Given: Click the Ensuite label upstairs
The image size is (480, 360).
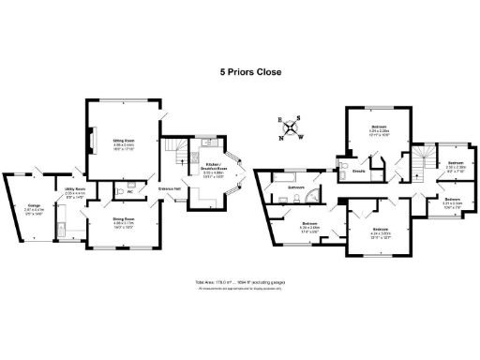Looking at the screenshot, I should [x=358, y=171].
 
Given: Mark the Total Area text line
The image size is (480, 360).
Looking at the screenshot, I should [x=239, y=282].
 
